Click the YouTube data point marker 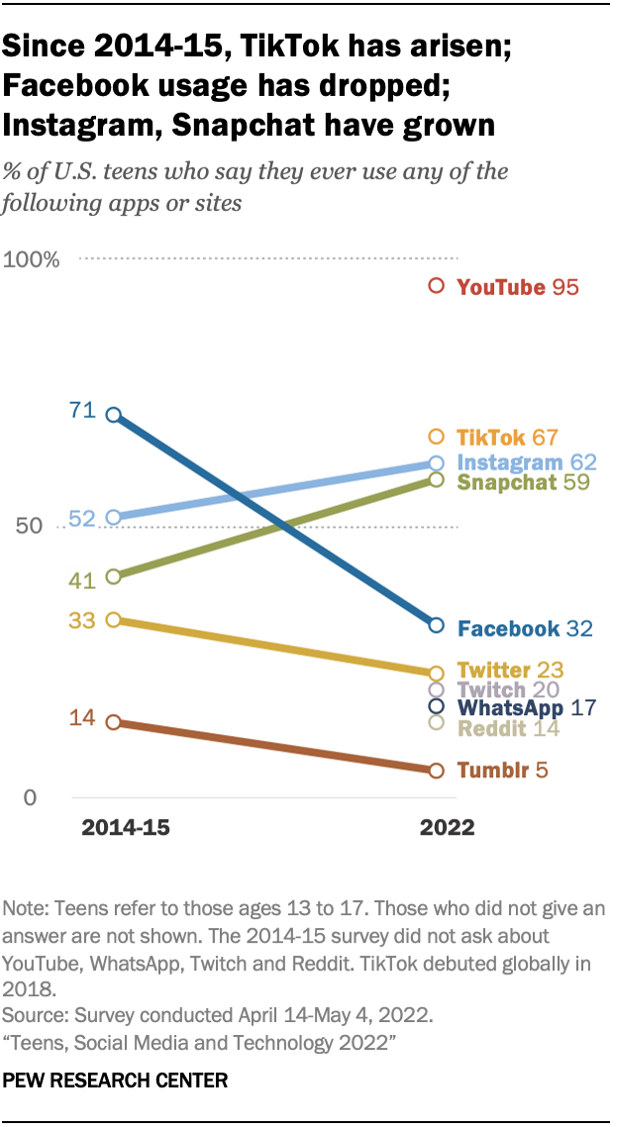[435, 286]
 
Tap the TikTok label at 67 [506, 438]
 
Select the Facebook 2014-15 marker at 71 [114, 415]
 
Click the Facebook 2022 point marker [435, 624]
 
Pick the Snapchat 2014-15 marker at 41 [114, 576]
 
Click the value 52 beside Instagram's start [81, 520]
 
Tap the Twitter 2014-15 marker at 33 [114, 620]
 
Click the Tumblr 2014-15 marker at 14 [114, 722]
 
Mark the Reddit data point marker [435, 721]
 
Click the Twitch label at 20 [507, 689]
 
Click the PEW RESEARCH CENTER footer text [115, 1080]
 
